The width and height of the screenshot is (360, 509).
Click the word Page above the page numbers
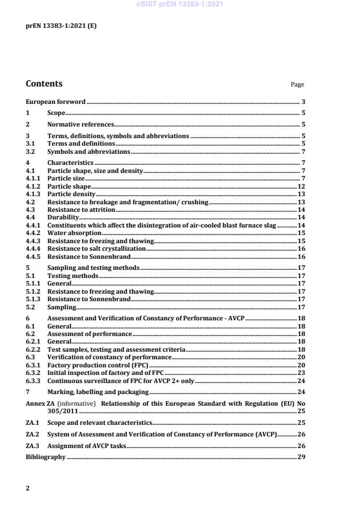point(297,85)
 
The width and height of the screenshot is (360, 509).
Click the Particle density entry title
point(71,194)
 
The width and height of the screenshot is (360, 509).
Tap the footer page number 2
point(27,488)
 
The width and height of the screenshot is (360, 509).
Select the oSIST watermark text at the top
point(179,5)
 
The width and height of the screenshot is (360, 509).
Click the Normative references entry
point(81,124)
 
